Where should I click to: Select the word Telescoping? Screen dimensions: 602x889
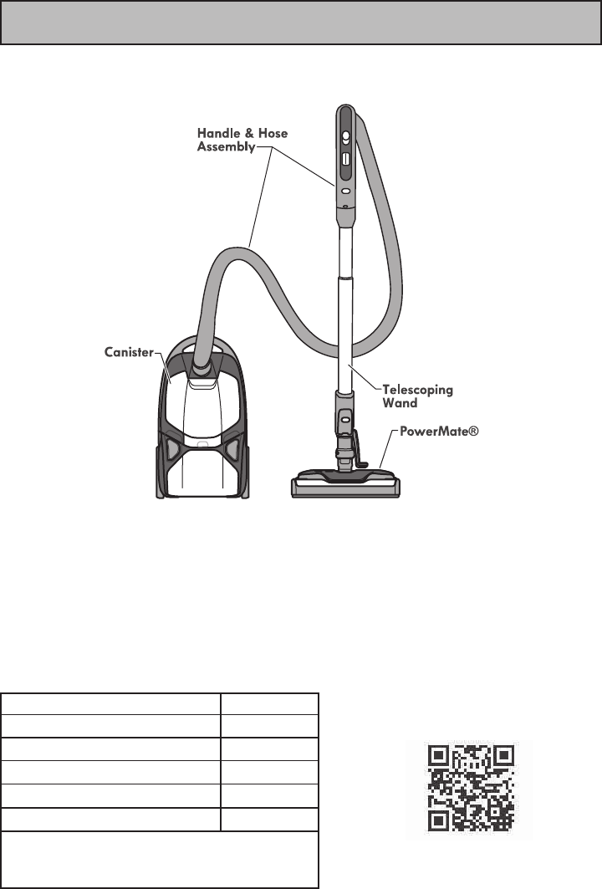pos(417,390)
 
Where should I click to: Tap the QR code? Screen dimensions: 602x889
pos(469,789)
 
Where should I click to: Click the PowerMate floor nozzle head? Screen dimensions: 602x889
pos(344,484)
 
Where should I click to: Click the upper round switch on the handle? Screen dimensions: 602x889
pos(344,135)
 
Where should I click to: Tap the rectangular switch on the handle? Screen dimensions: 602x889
pos(344,157)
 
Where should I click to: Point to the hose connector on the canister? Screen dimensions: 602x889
pos(201,365)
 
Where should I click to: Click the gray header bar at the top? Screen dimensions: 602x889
pos(301,23)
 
